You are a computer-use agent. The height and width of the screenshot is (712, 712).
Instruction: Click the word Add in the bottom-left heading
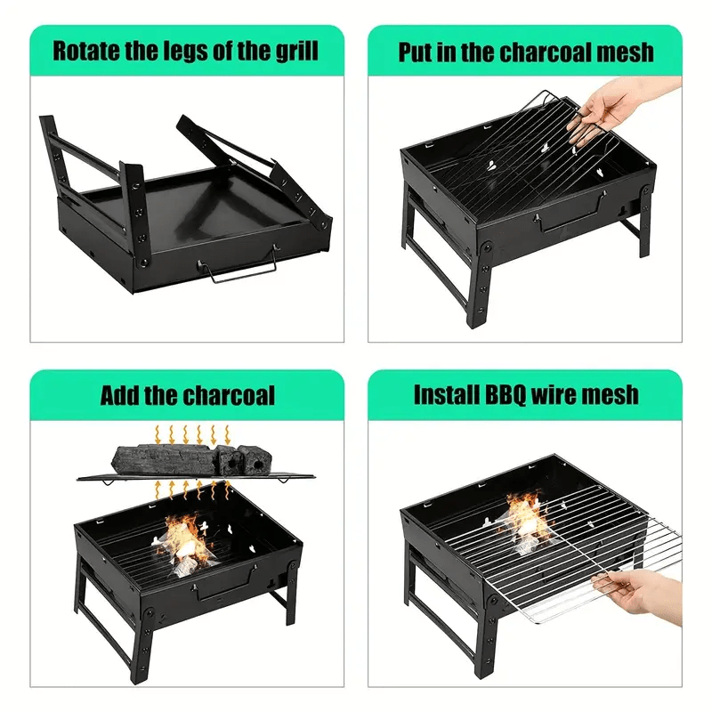(x=120, y=394)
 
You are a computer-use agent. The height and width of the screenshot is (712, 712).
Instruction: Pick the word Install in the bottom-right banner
(x=443, y=394)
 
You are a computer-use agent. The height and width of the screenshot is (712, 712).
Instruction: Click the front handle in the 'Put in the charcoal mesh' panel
(x=570, y=213)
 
